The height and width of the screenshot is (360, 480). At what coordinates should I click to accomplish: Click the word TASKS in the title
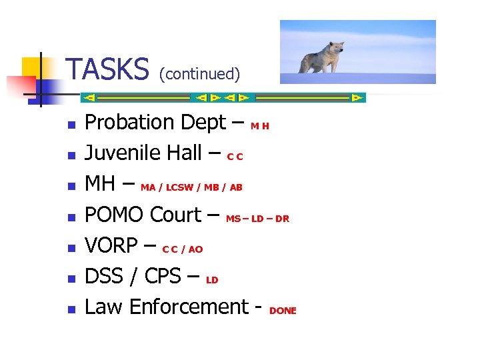[109, 69]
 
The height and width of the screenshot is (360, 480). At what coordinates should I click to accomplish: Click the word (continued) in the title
[199, 73]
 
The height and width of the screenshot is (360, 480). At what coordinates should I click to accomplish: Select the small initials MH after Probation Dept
[260, 126]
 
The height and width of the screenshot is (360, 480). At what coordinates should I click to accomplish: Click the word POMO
[115, 215]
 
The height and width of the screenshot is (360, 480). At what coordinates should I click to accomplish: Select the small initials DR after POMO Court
[282, 219]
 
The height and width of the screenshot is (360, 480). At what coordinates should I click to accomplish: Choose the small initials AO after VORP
[195, 249]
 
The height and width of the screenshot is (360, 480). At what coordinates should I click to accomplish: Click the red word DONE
[283, 311]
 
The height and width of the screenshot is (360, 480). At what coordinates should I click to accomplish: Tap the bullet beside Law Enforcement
[70, 309]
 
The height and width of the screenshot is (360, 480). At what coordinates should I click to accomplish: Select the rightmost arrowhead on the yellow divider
[357, 97]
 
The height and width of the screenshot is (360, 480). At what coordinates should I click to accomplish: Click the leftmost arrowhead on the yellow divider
[89, 97]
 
